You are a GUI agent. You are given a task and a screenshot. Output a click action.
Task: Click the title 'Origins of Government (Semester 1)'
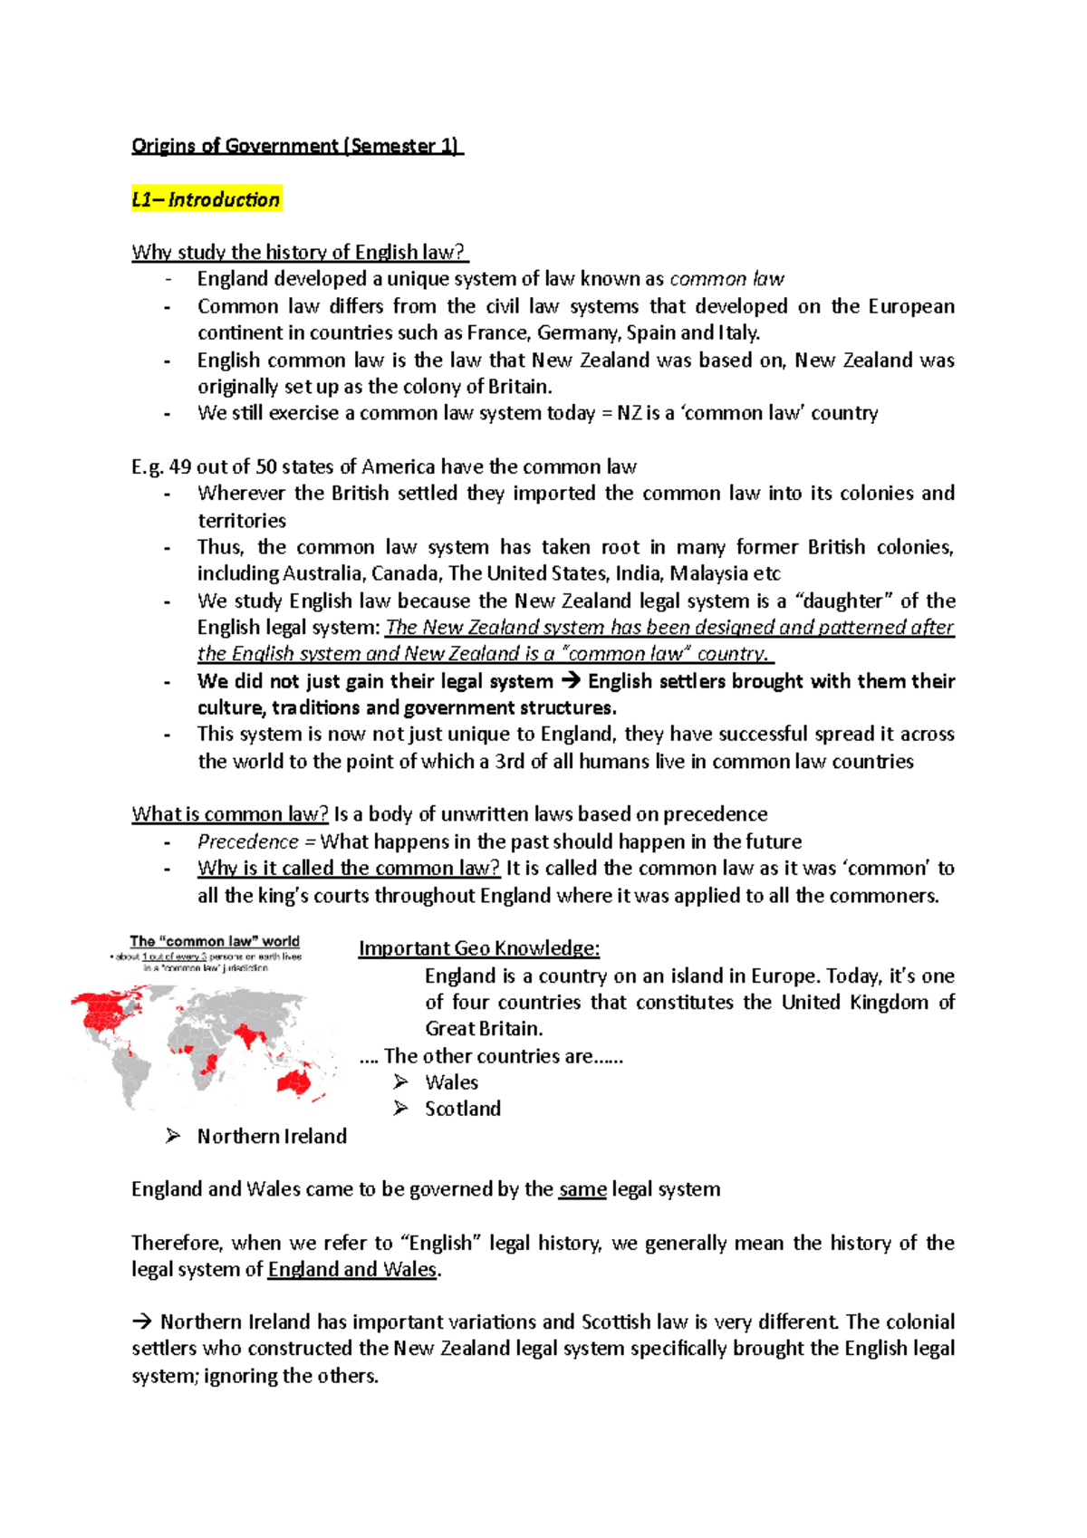(x=296, y=146)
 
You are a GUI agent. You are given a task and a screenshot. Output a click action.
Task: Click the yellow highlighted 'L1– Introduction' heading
(x=207, y=199)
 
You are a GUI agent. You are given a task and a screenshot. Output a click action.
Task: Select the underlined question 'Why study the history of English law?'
(x=300, y=252)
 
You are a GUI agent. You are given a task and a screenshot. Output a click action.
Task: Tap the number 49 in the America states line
(x=180, y=466)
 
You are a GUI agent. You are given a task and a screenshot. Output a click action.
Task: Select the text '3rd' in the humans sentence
(x=510, y=761)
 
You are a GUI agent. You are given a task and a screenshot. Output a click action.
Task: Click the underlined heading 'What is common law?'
(x=230, y=814)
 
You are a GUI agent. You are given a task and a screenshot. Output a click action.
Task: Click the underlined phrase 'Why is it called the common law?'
(x=349, y=868)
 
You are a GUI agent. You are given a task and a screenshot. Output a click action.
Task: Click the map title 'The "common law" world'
(x=215, y=941)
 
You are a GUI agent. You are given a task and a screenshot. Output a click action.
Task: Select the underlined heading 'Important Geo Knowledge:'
(x=479, y=948)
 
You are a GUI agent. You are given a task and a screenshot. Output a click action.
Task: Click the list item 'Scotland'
(x=463, y=1109)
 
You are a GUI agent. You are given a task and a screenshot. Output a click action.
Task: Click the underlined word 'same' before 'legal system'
(x=582, y=1189)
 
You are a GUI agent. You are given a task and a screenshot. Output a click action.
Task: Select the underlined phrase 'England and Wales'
(x=352, y=1269)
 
